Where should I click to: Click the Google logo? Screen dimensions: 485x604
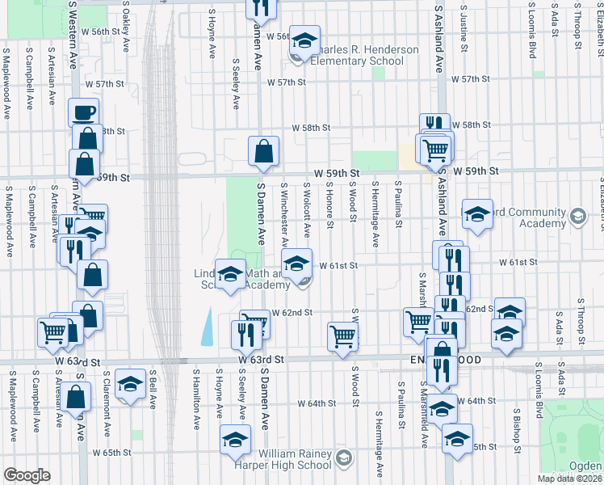(x=27, y=475)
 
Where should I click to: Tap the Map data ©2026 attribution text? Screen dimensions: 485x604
(x=568, y=479)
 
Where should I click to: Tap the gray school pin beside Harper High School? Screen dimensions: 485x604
(x=343, y=458)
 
